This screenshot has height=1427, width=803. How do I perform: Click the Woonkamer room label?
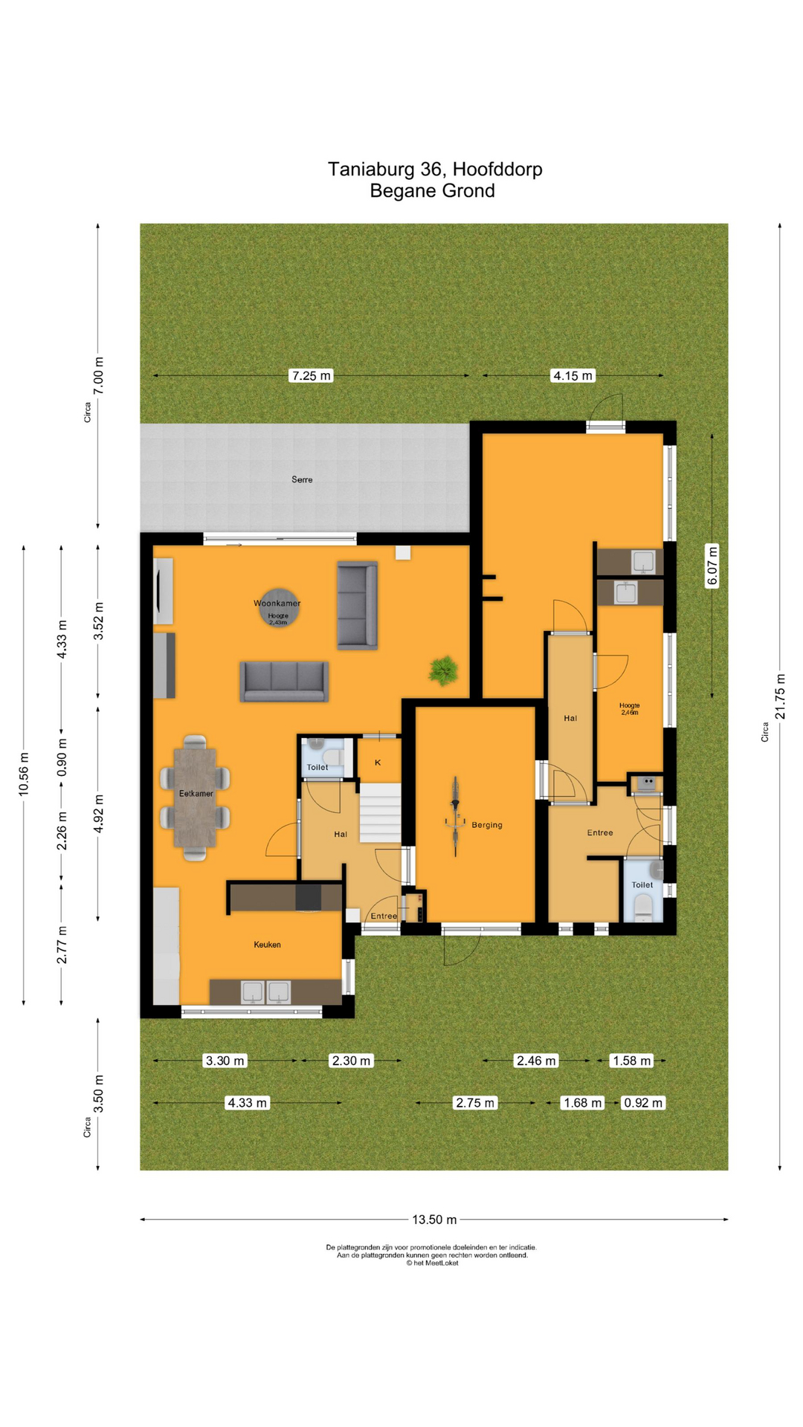click(x=277, y=603)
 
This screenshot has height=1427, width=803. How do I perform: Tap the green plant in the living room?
click(x=443, y=670)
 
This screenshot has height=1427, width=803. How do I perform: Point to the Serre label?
click(x=302, y=479)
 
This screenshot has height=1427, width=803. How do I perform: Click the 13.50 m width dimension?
click(x=434, y=1220)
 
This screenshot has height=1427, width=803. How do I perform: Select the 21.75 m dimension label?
click(x=780, y=696)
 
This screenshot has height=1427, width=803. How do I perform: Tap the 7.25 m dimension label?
click(x=311, y=375)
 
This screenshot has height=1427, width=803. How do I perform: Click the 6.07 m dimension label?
click(x=712, y=566)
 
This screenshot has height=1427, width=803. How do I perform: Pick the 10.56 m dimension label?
click(x=24, y=774)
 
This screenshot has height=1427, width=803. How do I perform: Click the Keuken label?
click(x=267, y=945)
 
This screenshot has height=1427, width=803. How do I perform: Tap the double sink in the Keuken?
click(x=265, y=992)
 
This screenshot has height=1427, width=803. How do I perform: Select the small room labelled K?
click(x=378, y=762)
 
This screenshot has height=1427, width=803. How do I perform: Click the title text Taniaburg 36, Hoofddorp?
click(x=435, y=169)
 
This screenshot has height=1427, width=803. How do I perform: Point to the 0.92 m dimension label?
click(x=642, y=1103)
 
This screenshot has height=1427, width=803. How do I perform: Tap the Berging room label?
click(x=487, y=825)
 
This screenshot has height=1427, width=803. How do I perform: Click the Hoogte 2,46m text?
click(x=629, y=708)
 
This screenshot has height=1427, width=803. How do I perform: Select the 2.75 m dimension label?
click(x=475, y=1103)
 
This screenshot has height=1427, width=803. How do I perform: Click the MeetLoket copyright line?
click(x=432, y=1263)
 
